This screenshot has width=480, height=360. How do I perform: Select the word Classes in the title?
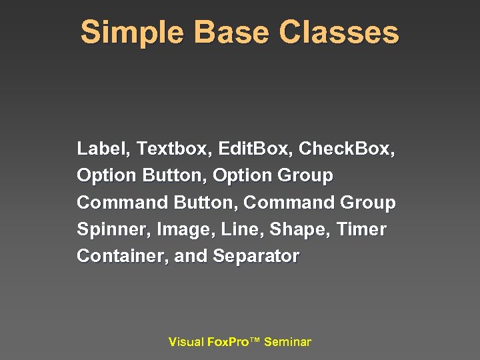pyautogui.click(x=339, y=32)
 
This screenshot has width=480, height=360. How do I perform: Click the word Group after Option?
pyautogui.click(x=305, y=176)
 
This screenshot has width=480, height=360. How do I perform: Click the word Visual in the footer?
pyautogui.click(x=186, y=342)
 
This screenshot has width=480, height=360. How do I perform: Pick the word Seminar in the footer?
pyautogui.click(x=287, y=342)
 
